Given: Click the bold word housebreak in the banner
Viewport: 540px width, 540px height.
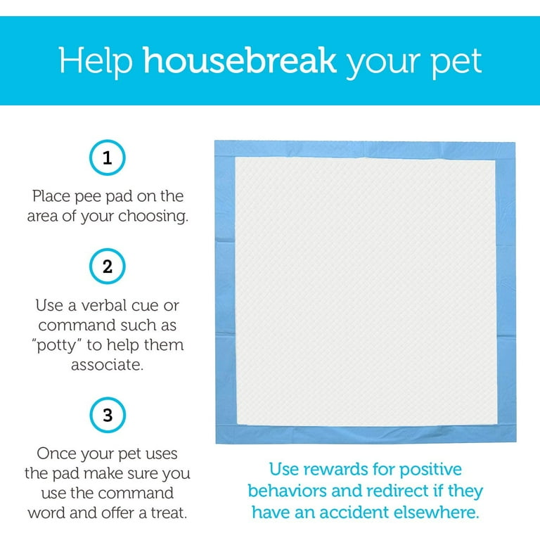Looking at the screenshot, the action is [x=239, y=60].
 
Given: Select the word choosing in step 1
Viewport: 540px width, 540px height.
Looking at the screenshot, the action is [x=153, y=217].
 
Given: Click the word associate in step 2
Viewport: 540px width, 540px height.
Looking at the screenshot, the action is [x=107, y=365].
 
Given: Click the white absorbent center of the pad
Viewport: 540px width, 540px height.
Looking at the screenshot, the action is [x=366, y=291].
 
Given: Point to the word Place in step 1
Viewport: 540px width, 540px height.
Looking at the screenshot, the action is [x=51, y=197].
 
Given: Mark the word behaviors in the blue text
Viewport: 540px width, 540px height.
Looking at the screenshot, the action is [x=287, y=491].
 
